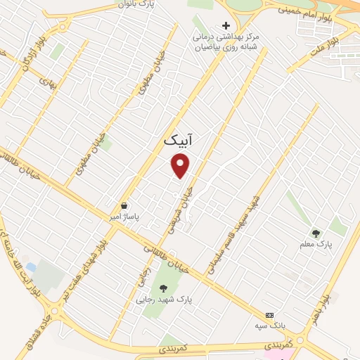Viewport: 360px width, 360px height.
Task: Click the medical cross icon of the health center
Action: pos(226,25)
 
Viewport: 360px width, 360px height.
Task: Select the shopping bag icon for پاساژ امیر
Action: pos(124,205)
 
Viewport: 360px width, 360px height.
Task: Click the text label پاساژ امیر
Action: pos(124,217)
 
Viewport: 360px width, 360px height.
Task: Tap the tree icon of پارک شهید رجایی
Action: pos(163,288)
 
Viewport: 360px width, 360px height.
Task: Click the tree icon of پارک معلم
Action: pos(316,233)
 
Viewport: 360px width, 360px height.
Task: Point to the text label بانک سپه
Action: pos(268,326)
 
